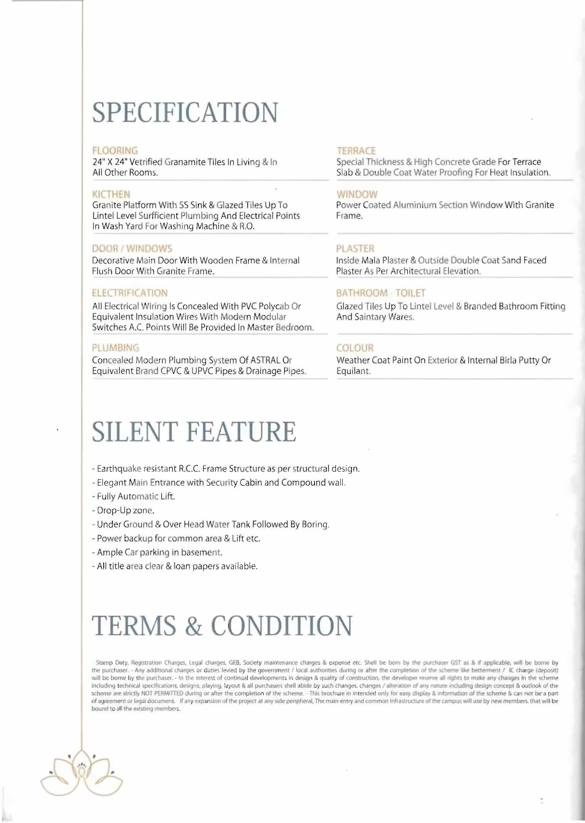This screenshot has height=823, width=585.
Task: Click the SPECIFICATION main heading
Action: tap(185, 112)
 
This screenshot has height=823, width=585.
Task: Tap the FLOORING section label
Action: tap(115, 150)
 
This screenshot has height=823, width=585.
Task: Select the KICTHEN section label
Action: tap(111, 194)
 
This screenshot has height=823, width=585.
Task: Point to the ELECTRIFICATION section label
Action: tap(130, 293)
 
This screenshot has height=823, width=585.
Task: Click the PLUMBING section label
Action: tap(116, 348)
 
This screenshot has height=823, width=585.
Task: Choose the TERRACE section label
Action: tap(356, 151)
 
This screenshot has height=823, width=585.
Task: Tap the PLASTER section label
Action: tap(355, 249)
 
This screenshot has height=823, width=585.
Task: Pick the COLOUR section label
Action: tap(355, 348)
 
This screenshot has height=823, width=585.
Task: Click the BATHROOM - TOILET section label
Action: tap(381, 293)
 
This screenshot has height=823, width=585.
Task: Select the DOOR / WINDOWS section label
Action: tap(132, 249)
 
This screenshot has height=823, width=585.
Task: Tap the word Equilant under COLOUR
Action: tap(353, 371)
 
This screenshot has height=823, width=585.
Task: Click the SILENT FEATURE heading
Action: tap(194, 432)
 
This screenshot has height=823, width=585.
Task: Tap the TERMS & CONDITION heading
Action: tap(222, 625)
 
